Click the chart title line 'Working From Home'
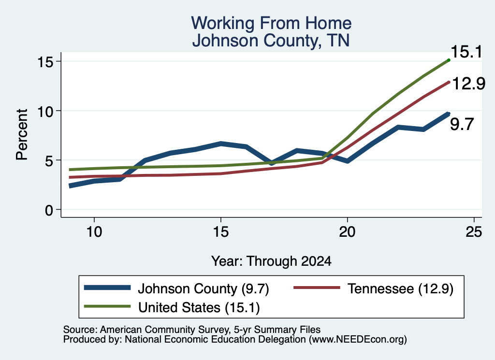[x=271, y=23]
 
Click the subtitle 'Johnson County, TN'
[x=271, y=41]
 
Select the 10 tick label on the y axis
[x=44, y=111]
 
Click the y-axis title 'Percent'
[x=22, y=135]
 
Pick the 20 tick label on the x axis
[x=347, y=232]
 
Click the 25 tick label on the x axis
[x=474, y=232]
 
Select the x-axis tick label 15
[x=220, y=232]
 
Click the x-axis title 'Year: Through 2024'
[x=271, y=261]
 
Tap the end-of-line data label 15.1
[x=466, y=52]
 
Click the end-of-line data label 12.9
[x=468, y=84]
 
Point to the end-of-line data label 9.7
[x=462, y=124]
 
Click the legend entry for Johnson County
[x=176, y=288]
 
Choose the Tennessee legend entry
[x=374, y=288]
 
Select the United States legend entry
[x=172, y=307]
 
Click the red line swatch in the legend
[x=317, y=288]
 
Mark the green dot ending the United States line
[x=449, y=60]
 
